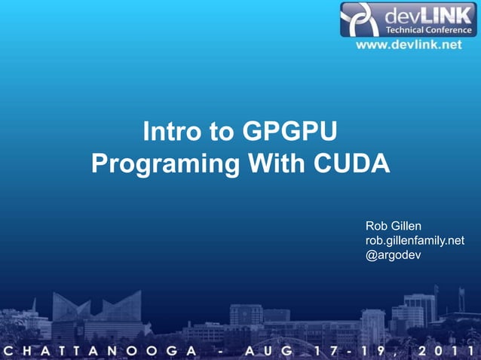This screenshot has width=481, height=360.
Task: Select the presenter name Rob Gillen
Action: coord(393,226)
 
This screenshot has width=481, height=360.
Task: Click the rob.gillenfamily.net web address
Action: coord(415,240)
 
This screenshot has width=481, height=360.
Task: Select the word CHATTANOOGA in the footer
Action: coord(103,351)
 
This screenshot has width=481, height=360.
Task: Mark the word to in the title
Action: coord(223,134)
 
